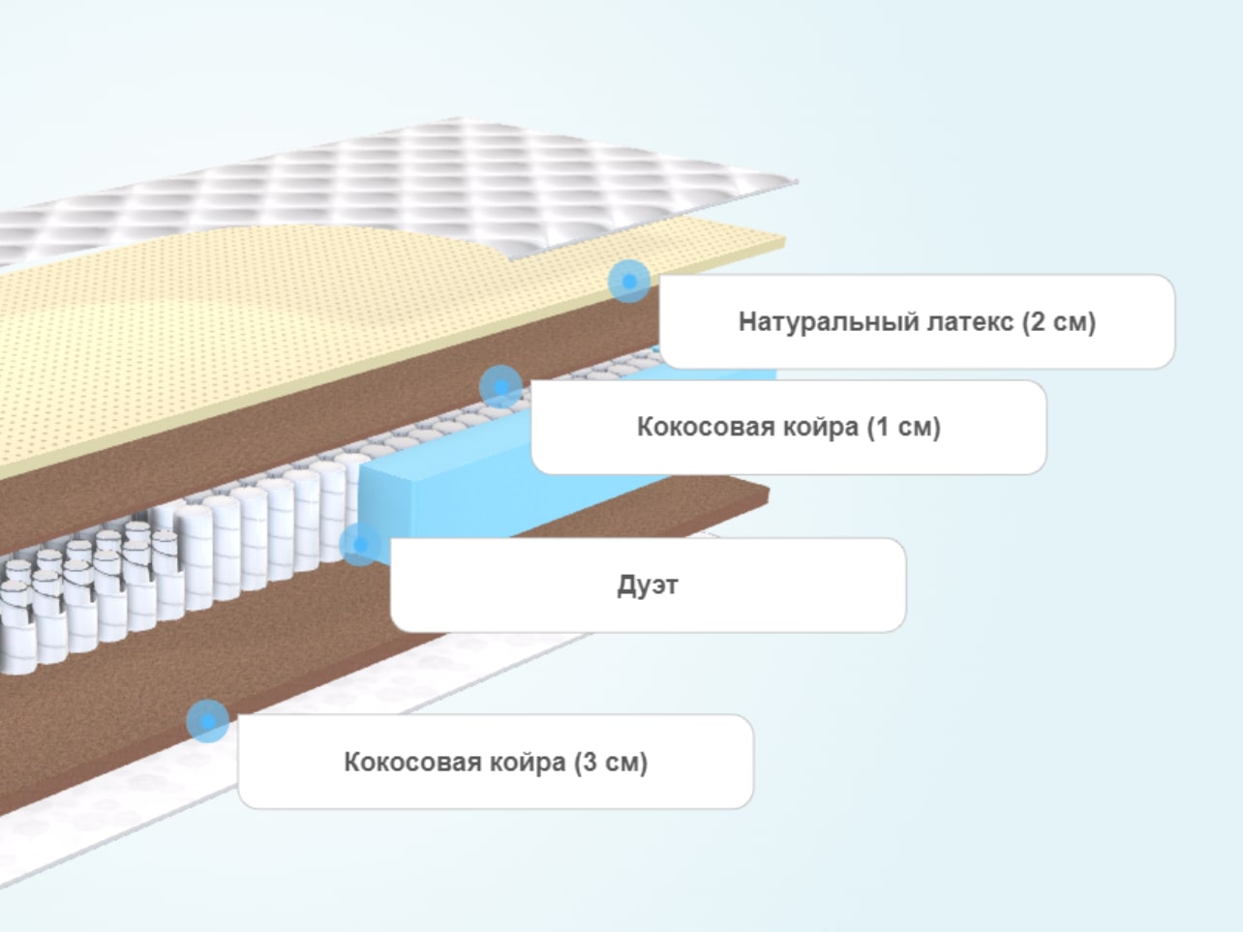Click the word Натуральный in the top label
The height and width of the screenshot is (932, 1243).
pyautogui.click(x=830, y=322)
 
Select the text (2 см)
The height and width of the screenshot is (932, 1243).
pyautogui.click(x=1059, y=322)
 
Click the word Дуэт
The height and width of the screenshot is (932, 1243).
pyautogui.click(x=648, y=586)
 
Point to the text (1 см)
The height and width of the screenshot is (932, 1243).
pyautogui.click(x=904, y=427)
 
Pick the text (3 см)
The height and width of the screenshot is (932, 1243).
pyautogui.click(x=611, y=763)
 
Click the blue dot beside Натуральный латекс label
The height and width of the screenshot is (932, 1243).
pyautogui.click(x=629, y=282)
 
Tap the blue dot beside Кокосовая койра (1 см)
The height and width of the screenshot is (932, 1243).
pyautogui.click(x=500, y=387)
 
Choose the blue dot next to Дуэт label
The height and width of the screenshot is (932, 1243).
pyautogui.click(x=360, y=544)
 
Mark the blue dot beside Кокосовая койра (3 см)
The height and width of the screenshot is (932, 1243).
pyautogui.click(x=208, y=721)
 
